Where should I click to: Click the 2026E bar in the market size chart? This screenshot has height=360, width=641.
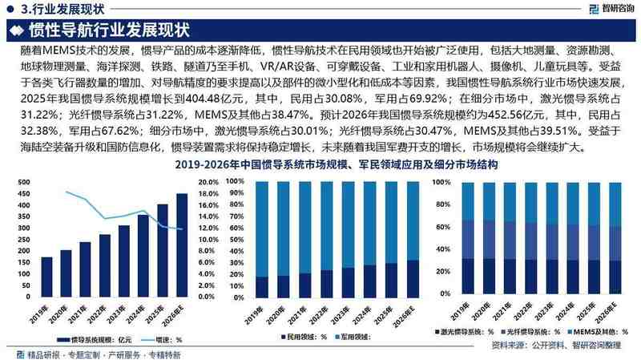pyautogui.click(x=182, y=249)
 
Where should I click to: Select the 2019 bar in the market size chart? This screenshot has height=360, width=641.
pyautogui.click(x=46, y=280)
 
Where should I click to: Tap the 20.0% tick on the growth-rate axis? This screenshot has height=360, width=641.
pyautogui.click(x=208, y=182)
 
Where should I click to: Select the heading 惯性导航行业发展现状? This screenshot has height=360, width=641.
pyautogui.click(x=108, y=30)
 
